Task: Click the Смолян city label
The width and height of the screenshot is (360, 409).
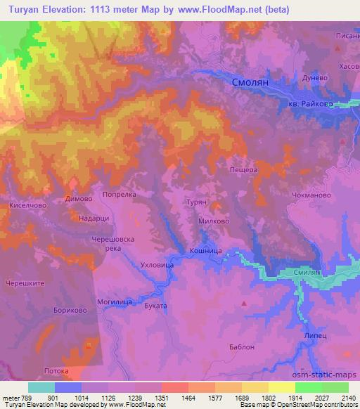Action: [x=250, y=82]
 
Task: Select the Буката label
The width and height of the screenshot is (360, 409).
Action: [x=155, y=306]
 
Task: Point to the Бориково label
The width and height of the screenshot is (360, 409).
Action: [x=68, y=309]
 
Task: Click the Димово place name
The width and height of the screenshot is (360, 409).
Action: [x=78, y=199]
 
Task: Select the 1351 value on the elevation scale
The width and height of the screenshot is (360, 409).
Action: [x=162, y=398]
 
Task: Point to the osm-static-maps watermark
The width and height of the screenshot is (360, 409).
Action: [x=322, y=375]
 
